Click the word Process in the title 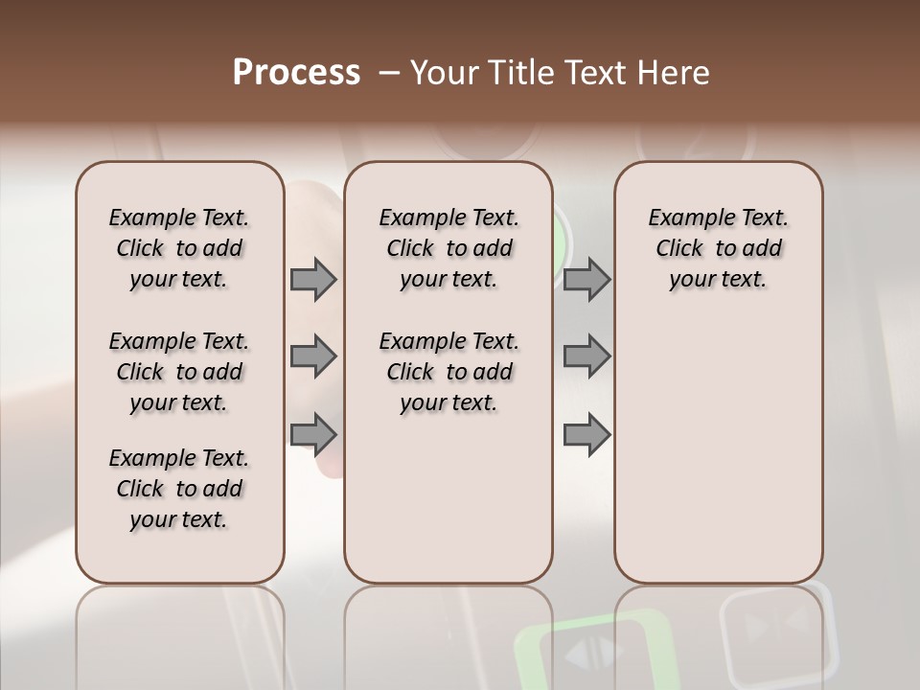click(x=296, y=73)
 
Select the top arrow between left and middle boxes click(x=313, y=279)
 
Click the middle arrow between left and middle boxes click(x=313, y=356)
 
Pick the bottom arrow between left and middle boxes click(x=313, y=434)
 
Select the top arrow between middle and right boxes click(x=586, y=279)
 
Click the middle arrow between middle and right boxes click(x=586, y=356)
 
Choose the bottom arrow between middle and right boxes click(x=586, y=434)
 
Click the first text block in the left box click(x=179, y=248)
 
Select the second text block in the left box click(x=179, y=372)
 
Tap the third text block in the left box click(x=179, y=489)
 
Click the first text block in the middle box click(x=448, y=248)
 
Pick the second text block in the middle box click(x=448, y=372)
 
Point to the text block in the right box click(x=718, y=248)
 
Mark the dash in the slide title click(x=389, y=73)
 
